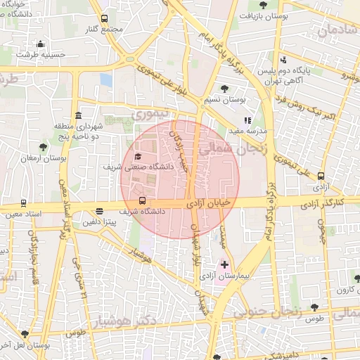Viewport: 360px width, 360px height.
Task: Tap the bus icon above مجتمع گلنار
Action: pos(105,19)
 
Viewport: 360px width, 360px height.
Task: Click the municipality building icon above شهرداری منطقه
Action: pos(77,115)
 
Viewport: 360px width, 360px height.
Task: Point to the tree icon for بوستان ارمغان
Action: pos(44,147)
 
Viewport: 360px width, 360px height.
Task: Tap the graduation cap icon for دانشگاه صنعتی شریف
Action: pos(138,156)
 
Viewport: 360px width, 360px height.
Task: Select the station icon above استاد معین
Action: pos(24,202)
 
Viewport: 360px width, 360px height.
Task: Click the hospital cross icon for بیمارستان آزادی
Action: pos(224,265)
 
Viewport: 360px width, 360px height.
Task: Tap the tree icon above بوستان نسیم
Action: pos(224,89)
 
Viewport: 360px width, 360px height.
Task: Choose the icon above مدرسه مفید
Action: pos(247,120)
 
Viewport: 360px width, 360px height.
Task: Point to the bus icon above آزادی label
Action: pos(321,176)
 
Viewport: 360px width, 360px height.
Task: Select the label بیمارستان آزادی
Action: pos(219,277)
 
